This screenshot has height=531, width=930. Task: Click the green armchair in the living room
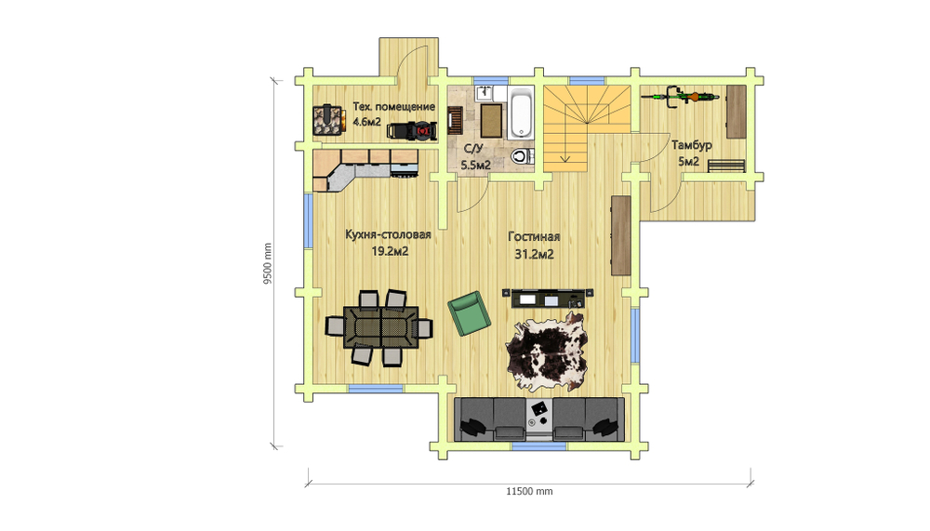coord(469,313)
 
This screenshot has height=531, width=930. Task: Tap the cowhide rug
coord(546,352)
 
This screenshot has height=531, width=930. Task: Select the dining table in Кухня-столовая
coord(381,327)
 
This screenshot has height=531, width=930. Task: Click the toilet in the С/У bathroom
coord(522,156)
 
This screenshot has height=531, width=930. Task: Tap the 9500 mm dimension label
coord(268,263)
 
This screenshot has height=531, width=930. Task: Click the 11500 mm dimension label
coord(529,491)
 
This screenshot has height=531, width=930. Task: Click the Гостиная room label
coord(534,237)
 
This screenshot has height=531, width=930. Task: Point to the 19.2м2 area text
coord(390,252)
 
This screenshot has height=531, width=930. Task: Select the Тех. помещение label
coord(393,107)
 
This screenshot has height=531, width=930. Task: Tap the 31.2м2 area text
coord(534,255)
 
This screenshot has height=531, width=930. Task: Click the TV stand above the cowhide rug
coord(548,298)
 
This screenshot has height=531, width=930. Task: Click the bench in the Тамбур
coord(726,166)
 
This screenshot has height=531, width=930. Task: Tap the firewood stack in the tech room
coord(328,119)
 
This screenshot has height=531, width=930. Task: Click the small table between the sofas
coord(539,415)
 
